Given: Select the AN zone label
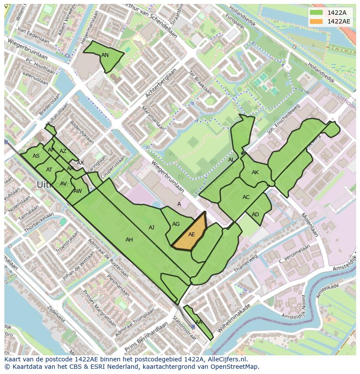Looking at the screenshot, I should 105,55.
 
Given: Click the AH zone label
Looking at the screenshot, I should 129,240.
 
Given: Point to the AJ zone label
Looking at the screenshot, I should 151,228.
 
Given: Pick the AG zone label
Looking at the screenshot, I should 176,224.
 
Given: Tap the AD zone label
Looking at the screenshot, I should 255,215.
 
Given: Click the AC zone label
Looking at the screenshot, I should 246,197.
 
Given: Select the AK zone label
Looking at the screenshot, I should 255,172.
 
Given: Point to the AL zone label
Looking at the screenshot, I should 231,160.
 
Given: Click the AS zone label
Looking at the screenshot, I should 36,156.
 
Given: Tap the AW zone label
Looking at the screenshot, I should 77,191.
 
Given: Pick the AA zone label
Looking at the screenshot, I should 198,322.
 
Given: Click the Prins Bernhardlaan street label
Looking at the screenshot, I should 146,338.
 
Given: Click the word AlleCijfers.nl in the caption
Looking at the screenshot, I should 226,360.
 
